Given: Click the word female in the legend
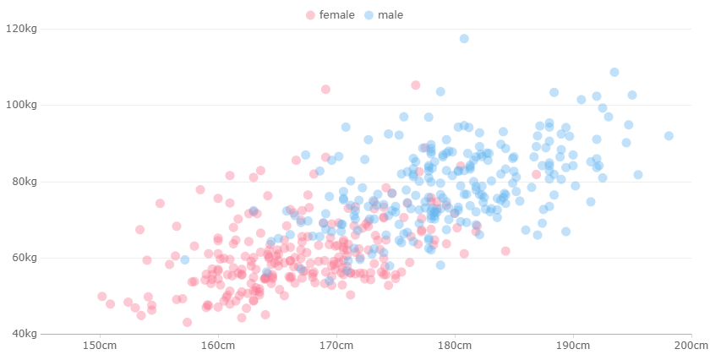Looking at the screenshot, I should tap(336, 15).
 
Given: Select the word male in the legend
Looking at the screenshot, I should tap(390, 15).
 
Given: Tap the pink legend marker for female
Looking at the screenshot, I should tap(311, 15).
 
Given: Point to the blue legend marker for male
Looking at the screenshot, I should tap(369, 15).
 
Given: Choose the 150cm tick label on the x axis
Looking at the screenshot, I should tap(100, 346).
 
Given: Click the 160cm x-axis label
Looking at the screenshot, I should tap(218, 346).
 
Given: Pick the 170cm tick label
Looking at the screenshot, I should tap(336, 346).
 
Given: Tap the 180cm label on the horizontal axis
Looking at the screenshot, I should tap(455, 346).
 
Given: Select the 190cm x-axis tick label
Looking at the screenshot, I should tap(573, 346).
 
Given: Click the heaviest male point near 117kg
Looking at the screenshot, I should tap(464, 39).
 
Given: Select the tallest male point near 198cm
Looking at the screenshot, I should tap(669, 136).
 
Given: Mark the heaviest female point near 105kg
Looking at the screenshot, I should tap(415, 85).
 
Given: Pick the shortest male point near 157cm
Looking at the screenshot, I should tap(184, 260).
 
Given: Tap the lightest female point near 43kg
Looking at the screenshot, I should tap(187, 322).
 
